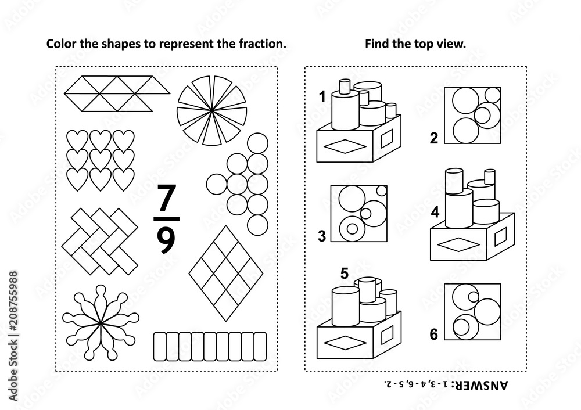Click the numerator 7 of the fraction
coord(166,199)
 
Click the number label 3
coord(321,235)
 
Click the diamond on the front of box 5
coord(340,344)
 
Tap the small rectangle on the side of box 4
coord(503,235)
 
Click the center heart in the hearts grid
coord(100,159)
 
